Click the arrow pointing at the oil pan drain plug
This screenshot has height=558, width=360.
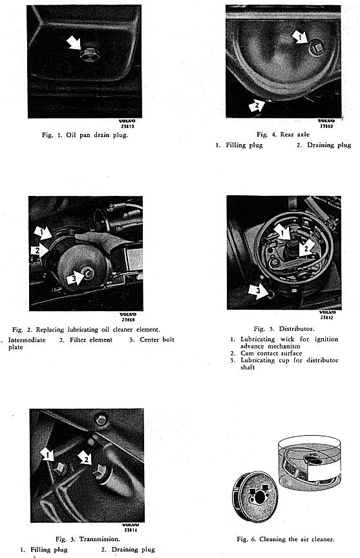pos(74,43)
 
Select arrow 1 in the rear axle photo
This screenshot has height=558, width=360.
pos(299,37)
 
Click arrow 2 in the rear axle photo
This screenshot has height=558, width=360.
pos(257,105)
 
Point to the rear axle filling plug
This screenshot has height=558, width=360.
pos(316,47)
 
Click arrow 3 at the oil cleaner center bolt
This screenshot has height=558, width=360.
pos(75,278)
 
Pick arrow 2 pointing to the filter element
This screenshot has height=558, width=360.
pos(39,250)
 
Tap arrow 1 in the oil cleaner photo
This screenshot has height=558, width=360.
pos(43,233)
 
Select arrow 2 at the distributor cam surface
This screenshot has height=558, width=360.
pos(306,248)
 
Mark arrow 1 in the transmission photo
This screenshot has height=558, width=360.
pos(47,455)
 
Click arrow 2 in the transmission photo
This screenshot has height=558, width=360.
pos(85,458)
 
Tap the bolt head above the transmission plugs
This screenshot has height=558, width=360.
pos(101,420)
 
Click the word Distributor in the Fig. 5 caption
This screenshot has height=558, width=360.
pos(296,328)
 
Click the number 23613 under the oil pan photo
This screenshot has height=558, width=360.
pos(127,126)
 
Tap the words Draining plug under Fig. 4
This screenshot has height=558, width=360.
pos(329,145)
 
